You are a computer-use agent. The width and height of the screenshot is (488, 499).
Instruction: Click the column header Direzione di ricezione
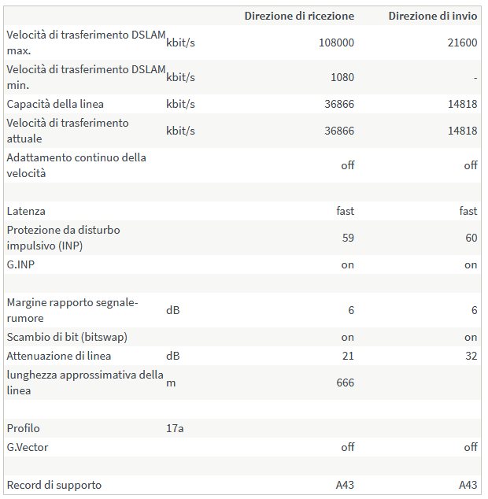tap(299, 16)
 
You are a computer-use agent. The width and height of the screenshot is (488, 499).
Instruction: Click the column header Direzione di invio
tap(433, 16)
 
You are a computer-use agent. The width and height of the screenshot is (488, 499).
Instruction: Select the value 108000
tap(336, 43)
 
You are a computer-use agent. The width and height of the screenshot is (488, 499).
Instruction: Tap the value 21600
tap(462, 43)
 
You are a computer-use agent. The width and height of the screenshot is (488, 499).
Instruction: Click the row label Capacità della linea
tap(55, 104)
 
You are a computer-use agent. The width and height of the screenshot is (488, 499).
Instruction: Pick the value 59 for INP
tap(347, 238)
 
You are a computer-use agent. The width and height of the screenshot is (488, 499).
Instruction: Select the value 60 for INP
tap(471, 238)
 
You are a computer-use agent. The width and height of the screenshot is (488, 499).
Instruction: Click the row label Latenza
tap(26, 211)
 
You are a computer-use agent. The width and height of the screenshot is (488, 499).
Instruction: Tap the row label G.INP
tap(20, 264)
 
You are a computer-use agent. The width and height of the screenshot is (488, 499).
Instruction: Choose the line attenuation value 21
tap(347, 356)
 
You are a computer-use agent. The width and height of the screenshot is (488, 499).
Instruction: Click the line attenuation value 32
tap(471, 356)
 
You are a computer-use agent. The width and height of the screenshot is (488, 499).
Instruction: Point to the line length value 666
tap(344, 383)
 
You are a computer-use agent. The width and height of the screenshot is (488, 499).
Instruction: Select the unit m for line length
tap(170, 383)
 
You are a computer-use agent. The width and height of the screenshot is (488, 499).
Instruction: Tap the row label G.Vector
tap(28, 447)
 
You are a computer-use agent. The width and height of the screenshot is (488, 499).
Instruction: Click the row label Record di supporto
tap(54, 485)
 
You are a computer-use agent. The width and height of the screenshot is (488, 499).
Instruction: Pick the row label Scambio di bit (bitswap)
tap(67, 337)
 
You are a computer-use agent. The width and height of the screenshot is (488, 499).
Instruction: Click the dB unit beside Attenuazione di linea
tap(172, 356)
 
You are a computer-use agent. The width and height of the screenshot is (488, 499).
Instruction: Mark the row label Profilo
tap(23, 428)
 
